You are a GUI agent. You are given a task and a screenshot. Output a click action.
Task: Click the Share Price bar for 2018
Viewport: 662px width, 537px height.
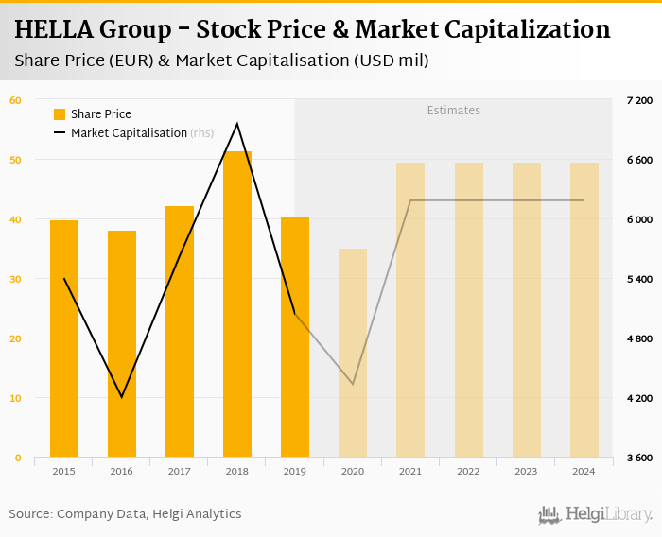(x=237, y=303)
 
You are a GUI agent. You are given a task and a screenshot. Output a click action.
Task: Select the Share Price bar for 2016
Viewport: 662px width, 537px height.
(x=122, y=344)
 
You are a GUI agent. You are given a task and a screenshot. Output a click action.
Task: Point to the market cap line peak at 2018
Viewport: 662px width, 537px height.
(x=237, y=124)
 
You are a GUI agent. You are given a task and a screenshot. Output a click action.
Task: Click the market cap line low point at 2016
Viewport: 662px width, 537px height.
(x=122, y=397)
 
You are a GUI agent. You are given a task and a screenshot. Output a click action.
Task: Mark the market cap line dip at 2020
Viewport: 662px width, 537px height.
(x=353, y=384)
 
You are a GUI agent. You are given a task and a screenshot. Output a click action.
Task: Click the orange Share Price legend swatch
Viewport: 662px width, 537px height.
(x=60, y=114)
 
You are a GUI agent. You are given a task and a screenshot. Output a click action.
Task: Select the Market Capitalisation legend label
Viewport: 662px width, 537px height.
(x=129, y=133)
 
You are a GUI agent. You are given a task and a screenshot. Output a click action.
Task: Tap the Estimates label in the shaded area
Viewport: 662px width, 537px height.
(x=454, y=111)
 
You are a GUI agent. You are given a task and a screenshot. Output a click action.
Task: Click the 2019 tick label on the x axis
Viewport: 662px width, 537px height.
(x=295, y=471)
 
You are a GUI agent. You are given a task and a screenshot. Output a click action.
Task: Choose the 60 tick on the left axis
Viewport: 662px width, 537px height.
(x=16, y=100)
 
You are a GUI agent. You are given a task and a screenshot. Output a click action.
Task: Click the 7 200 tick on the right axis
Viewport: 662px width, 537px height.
(x=640, y=100)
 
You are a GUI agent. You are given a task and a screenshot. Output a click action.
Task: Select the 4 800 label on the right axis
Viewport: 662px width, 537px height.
(x=640, y=338)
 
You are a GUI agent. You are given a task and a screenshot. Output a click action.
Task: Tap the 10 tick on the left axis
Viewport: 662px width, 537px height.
(x=16, y=398)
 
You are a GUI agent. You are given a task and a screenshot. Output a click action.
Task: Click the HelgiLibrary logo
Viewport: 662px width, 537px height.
(x=596, y=514)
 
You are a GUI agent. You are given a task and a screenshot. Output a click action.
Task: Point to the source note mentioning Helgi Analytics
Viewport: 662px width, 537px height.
(x=125, y=514)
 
